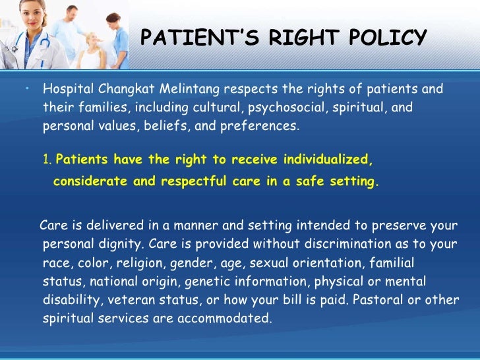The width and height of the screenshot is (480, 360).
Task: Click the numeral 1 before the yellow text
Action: coord(47,160)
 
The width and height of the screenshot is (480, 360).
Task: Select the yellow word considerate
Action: coord(91,182)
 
